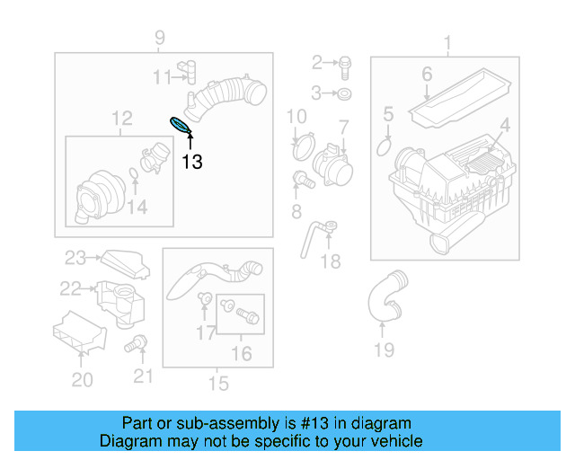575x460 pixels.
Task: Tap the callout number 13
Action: pos(192,162)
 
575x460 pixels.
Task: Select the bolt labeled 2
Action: pos(345,68)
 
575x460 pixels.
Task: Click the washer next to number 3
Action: pos(344,94)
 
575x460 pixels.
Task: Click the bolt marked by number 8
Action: pos(304,180)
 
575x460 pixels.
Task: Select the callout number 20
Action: pos(82,380)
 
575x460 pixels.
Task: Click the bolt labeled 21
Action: pos(136,343)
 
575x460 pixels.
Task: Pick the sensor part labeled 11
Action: pos(188,72)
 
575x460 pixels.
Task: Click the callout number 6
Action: pos(427,74)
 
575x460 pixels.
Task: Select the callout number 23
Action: pos(75,258)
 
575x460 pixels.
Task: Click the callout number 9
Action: pos(160,38)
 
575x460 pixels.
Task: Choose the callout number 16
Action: pos(242,354)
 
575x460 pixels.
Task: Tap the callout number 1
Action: pos(447,42)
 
